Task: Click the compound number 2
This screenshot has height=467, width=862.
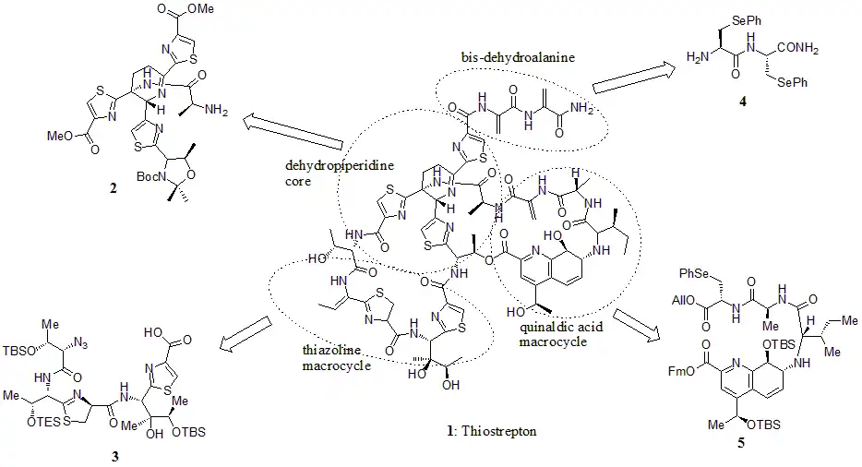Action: tap(113, 188)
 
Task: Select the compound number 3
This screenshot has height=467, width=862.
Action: tap(114, 457)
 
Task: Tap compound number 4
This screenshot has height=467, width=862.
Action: tap(743, 102)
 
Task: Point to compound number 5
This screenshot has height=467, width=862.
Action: tap(740, 443)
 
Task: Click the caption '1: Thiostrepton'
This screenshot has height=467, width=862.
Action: tap(492, 430)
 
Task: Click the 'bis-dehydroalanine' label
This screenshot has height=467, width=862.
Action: tap(518, 56)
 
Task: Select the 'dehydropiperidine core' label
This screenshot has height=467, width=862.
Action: tap(340, 173)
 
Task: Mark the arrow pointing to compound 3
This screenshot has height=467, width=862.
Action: tap(245, 333)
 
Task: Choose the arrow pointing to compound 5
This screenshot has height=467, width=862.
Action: tap(635, 325)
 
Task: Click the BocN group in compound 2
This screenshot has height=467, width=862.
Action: tap(150, 177)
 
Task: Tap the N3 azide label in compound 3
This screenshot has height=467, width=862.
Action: tap(80, 345)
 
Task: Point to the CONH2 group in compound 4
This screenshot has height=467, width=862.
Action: tap(798, 48)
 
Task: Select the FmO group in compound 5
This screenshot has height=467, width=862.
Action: tap(680, 371)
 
